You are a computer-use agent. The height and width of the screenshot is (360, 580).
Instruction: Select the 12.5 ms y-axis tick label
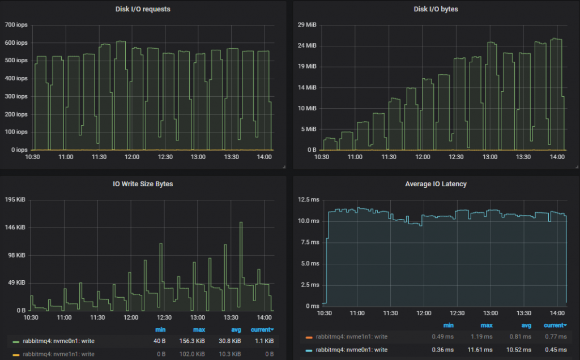(x=310, y=200)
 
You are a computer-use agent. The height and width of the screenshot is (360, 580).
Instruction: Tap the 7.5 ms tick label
(x=312, y=242)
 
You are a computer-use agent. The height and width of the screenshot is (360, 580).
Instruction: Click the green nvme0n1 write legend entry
(x=54, y=341)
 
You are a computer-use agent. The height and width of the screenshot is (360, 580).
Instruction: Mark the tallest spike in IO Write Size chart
(x=241, y=223)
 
